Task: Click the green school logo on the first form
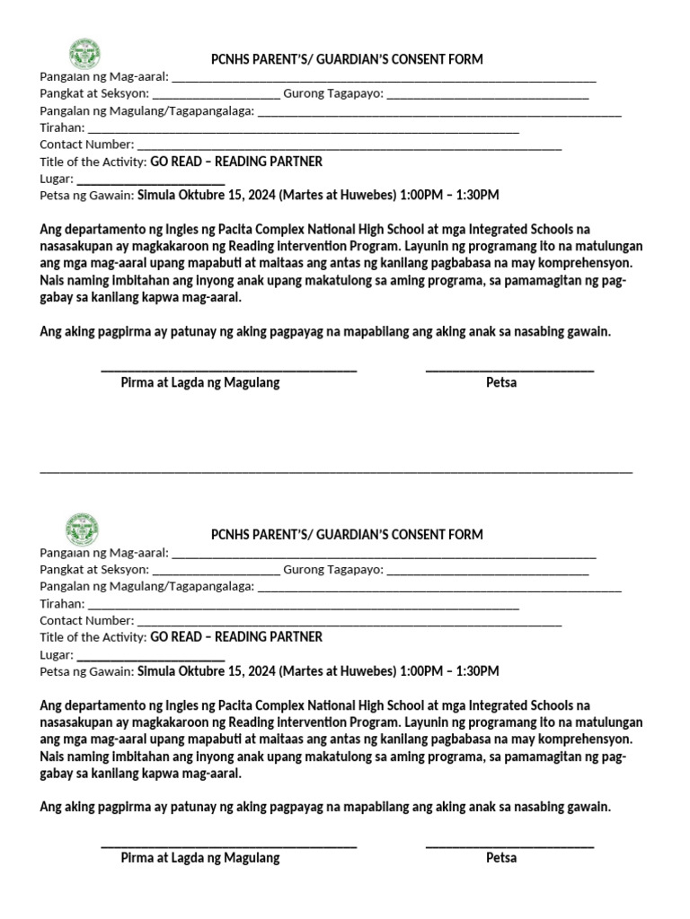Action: [84, 55]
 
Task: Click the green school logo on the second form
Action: [84, 530]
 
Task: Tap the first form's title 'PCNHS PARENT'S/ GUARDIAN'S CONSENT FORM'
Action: [347, 59]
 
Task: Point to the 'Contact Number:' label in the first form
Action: [87, 144]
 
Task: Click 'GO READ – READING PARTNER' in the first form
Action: [236, 162]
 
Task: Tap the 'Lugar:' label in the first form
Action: [56, 179]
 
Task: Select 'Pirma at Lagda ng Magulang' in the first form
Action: [200, 382]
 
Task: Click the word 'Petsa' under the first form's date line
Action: [501, 382]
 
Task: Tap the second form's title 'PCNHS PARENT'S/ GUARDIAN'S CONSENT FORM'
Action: [347, 534]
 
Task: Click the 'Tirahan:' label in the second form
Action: [62, 604]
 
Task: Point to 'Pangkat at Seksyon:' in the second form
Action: [94, 569]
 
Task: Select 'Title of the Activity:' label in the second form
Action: [93, 637]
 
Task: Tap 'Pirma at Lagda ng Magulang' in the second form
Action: [200, 857]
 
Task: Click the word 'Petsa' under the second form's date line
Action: [501, 857]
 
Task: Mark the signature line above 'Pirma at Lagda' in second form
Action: [229, 845]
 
